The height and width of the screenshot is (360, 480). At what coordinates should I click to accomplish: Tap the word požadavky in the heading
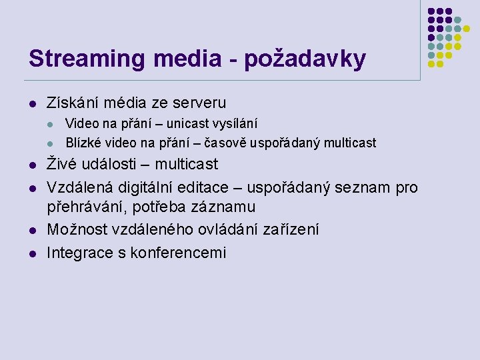(x=305, y=59)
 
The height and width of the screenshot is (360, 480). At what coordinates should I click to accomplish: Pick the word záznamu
(x=224, y=208)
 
